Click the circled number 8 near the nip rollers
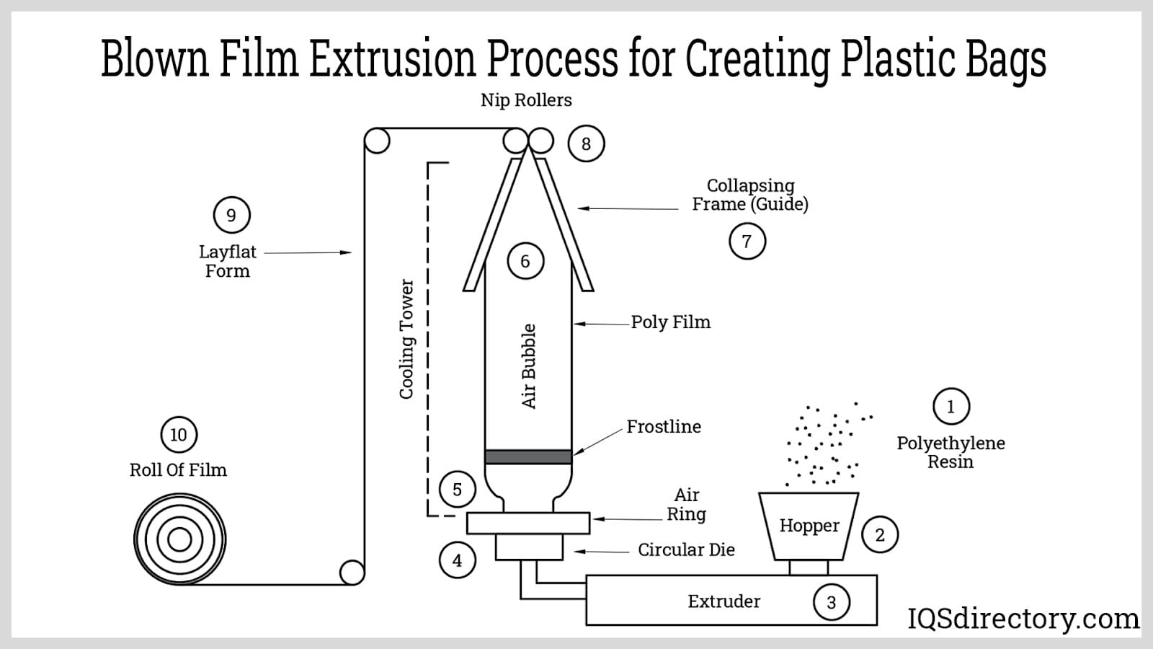tap(586, 144)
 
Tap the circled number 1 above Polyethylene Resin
tap(951, 407)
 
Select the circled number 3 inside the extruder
tap(831, 602)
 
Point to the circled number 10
tap(178, 435)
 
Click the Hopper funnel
tap(809, 526)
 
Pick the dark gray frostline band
tap(528, 456)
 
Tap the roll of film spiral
tap(179, 539)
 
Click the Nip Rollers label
tap(526, 100)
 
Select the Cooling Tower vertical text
tap(407, 339)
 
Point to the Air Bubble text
tap(529, 366)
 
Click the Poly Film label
tap(670, 322)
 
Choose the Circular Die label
tap(686, 550)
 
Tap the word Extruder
tap(724, 601)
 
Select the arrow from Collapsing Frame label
tap(628, 208)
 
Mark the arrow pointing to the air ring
tap(627, 519)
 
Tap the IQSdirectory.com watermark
tap(1023, 619)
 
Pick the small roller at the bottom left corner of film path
tap(352, 573)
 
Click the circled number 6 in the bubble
tap(525, 261)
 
